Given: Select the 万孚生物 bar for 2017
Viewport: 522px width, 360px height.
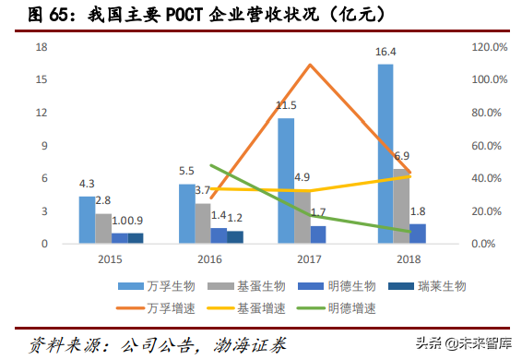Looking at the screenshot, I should click(286, 181).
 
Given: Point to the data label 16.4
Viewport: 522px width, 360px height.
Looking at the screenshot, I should click(386, 52).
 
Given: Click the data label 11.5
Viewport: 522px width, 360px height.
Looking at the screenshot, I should click(286, 106).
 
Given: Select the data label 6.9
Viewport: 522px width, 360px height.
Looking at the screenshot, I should click(402, 157).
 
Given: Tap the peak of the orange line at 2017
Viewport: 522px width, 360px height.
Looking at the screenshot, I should click(310, 65).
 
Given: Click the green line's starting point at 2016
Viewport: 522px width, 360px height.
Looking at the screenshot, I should click(211, 165).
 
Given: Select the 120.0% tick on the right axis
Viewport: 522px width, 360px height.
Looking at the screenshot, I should click(490, 46).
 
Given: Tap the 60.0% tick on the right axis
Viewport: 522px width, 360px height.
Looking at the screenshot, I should click(490, 146).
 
